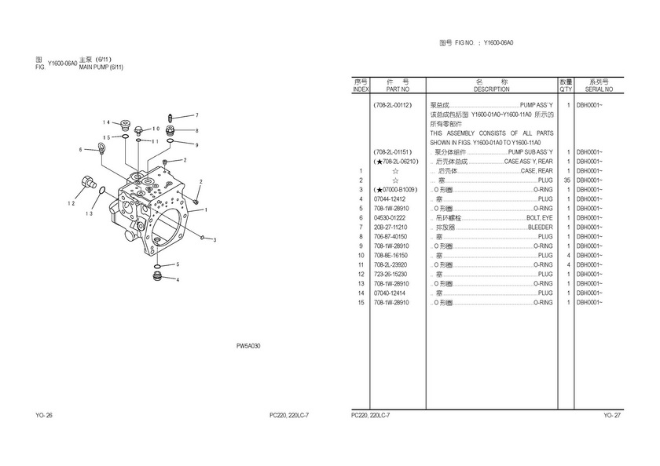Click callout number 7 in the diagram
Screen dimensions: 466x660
click(x=196, y=115)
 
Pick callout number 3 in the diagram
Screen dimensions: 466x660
click(x=214, y=241)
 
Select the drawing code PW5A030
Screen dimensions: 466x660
click(x=248, y=346)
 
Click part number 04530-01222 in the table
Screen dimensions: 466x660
click(x=390, y=217)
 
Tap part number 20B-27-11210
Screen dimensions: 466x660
click(x=390, y=227)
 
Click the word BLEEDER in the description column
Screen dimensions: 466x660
click(x=540, y=227)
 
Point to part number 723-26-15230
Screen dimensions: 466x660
click(x=390, y=274)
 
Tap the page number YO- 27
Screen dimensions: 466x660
click(x=611, y=414)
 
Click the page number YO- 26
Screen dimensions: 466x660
click(x=44, y=414)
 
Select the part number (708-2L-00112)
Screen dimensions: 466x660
click(x=394, y=104)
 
